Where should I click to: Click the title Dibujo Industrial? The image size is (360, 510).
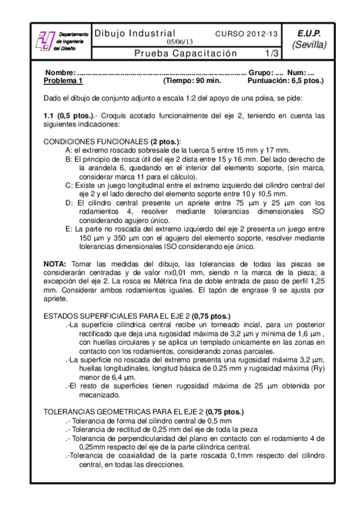135,33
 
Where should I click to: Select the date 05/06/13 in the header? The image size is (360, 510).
180,42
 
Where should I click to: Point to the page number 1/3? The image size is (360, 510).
272,54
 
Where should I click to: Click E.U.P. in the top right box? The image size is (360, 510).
310,33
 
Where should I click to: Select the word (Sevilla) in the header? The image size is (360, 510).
310,45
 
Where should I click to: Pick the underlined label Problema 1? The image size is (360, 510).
63,80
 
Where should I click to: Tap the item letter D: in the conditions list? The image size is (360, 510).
69,203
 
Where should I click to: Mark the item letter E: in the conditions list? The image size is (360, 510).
69,229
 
